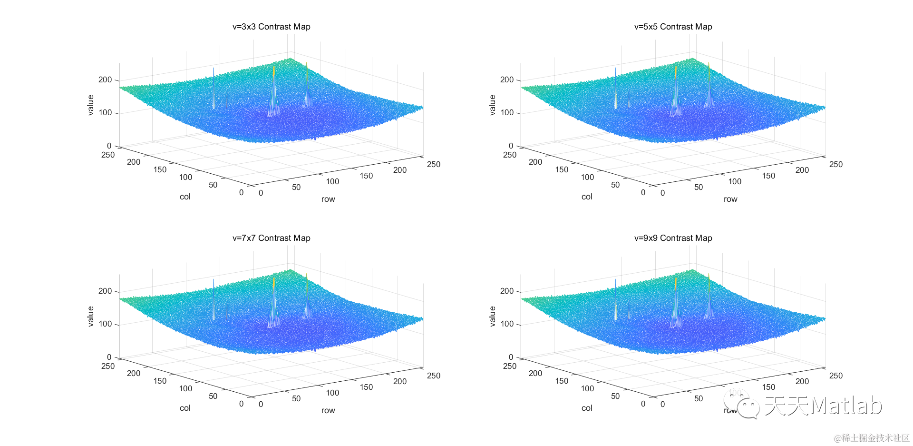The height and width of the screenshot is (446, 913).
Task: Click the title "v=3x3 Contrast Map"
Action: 271,27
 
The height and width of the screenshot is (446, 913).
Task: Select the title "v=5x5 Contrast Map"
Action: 673,27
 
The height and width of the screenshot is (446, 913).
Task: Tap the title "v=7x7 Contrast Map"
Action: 271,238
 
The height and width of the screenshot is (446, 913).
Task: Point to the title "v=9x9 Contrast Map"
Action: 673,238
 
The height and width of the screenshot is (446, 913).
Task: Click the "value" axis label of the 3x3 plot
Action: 90,105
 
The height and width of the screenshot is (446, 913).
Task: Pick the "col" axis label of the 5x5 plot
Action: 587,197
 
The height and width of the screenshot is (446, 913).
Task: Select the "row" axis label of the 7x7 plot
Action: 328,410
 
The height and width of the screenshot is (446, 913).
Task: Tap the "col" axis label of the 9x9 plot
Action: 587,408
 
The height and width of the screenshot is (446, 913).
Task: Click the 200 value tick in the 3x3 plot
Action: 105,79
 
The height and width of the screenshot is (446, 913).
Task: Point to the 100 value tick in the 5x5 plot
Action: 507,113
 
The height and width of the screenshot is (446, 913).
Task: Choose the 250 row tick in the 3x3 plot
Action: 434,164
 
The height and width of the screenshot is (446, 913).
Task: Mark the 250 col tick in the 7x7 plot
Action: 108,366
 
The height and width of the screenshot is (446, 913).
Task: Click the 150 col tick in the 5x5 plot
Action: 562,169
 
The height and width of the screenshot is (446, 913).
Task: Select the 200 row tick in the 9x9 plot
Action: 802,381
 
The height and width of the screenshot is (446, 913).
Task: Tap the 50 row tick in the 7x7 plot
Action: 296,398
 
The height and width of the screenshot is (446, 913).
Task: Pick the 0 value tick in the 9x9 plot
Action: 511,357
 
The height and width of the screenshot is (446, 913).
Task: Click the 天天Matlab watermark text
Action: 823,406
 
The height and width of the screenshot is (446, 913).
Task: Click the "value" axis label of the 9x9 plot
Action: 492,317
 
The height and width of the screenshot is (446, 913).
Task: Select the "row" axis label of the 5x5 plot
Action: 730,199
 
